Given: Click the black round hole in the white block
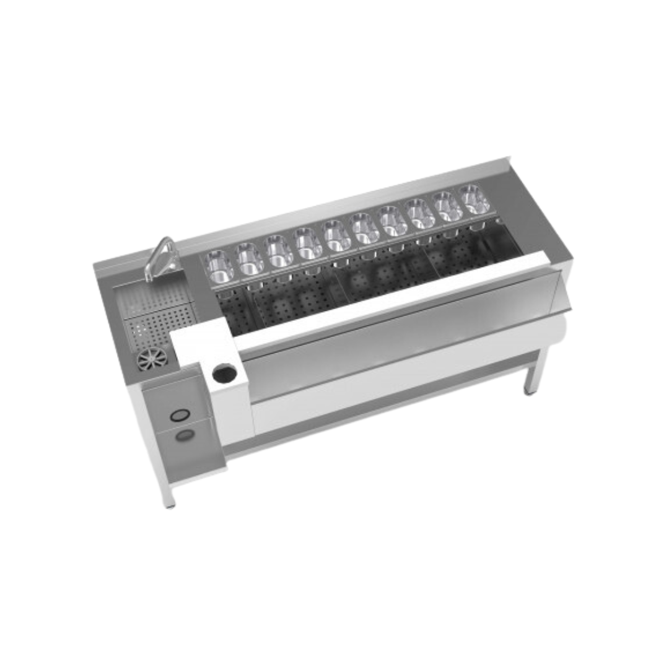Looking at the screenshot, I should (x=224, y=374).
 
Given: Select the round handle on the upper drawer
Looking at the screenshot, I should (x=178, y=415).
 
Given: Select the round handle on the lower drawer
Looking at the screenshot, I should (x=183, y=435).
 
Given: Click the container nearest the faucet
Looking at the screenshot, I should (x=220, y=266).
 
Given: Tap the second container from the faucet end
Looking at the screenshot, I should (x=250, y=258).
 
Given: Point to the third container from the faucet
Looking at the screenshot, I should (x=279, y=250).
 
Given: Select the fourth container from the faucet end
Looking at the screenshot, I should (x=307, y=243).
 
